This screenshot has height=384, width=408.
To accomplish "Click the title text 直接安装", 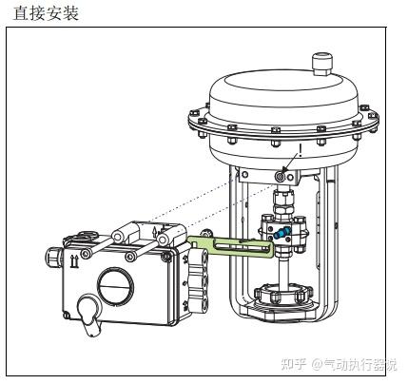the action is tap(46, 13).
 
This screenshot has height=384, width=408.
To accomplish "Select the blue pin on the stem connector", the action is tap(282, 233).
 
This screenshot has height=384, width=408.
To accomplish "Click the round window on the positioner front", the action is tap(115, 284).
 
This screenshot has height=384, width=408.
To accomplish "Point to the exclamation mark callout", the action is tap(300, 151).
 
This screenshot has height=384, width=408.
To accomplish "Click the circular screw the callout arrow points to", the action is tap(280, 177).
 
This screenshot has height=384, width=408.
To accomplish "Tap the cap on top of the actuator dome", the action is tap(322, 64).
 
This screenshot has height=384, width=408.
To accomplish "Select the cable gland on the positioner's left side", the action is tap(54, 257).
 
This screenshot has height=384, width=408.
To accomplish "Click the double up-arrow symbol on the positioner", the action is tap(74, 261).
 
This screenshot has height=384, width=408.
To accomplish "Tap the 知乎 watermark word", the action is tap(294, 364).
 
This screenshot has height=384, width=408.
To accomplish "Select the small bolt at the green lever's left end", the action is tap(206, 233).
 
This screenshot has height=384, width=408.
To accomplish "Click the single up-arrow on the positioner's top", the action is tap(155, 233).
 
